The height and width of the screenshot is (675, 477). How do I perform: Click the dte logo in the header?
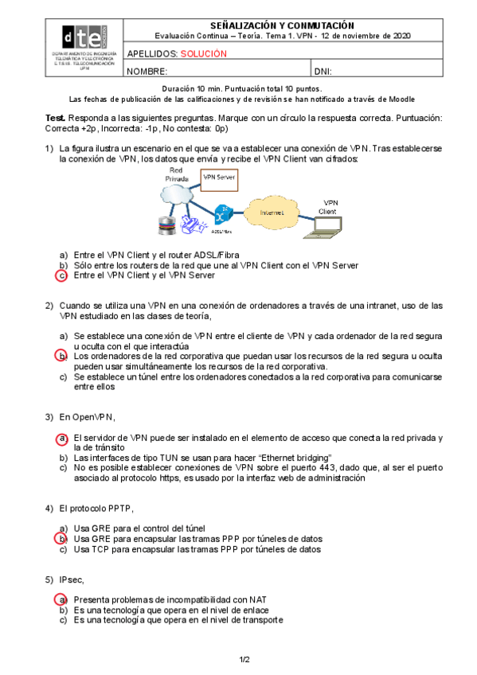click(x=84, y=37)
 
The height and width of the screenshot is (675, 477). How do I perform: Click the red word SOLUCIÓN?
click(x=204, y=54)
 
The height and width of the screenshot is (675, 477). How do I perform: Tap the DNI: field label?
click(x=323, y=72)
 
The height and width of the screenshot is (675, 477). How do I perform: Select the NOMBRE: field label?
click(x=147, y=72)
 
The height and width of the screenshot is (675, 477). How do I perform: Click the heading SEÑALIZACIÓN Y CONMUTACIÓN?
click(x=283, y=25)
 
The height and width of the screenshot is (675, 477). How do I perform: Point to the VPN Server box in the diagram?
click(x=219, y=180)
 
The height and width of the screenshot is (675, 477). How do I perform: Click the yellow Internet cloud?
click(x=272, y=212)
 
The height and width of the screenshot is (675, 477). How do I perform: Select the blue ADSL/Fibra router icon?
click(x=223, y=214)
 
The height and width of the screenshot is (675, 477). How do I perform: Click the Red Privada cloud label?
click(x=177, y=174)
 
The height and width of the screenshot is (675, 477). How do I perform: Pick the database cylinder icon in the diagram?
click(x=166, y=225)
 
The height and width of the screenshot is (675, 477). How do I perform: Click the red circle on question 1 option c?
click(x=62, y=275)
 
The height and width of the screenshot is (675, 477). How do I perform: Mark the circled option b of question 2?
click(x=61, y=356)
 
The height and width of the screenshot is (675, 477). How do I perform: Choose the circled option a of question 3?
click(x=62, y=439)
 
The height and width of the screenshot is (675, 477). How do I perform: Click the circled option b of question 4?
click(x=61, y=539)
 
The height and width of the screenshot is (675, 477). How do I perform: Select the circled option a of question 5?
click(x=61, y=599)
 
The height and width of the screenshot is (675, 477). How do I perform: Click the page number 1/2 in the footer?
click(x=244, y=660)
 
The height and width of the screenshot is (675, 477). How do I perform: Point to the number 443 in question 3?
click(x=326, y=468)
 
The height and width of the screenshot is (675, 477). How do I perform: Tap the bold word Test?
click(x=56, y=118)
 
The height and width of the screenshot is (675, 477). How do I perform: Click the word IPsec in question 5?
click(x=71, y=580)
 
